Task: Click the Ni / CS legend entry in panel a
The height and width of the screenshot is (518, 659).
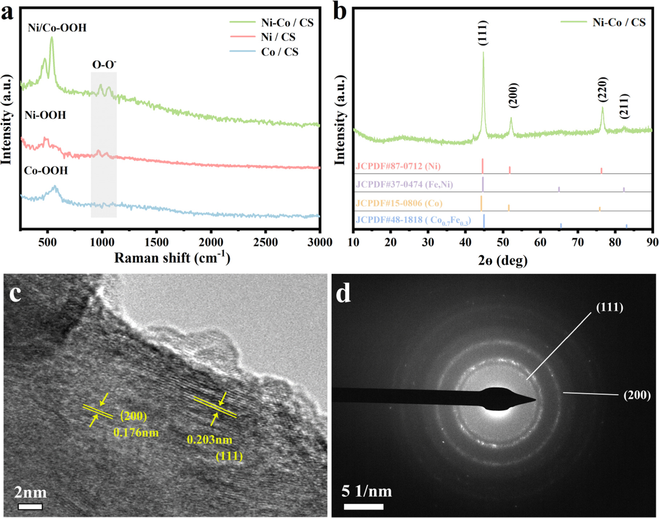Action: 278,37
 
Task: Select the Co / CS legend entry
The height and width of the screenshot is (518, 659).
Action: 279,52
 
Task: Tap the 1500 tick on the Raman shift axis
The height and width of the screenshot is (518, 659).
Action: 156,242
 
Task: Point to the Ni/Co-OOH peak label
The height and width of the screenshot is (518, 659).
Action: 57,28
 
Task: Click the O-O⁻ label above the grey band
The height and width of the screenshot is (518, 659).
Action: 104,65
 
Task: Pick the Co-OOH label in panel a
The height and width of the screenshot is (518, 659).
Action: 46,170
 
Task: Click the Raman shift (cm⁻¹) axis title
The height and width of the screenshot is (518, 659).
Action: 172,258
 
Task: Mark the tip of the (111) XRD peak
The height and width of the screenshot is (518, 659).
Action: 483,52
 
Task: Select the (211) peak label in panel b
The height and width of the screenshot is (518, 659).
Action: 624,106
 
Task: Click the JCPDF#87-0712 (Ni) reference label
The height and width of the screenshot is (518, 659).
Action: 398,166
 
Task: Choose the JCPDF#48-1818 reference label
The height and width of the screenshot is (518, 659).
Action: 413,220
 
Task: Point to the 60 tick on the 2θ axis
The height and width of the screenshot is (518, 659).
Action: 540,242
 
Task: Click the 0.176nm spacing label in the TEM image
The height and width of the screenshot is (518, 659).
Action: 136,432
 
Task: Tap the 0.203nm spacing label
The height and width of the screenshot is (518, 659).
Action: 210,440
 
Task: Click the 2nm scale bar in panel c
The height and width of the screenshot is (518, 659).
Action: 30,506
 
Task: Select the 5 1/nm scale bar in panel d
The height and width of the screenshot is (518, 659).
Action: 363,506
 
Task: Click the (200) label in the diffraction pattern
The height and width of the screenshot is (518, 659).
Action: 637,395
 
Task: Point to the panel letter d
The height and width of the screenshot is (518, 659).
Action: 343,294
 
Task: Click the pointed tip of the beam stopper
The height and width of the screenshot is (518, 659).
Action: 535,400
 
